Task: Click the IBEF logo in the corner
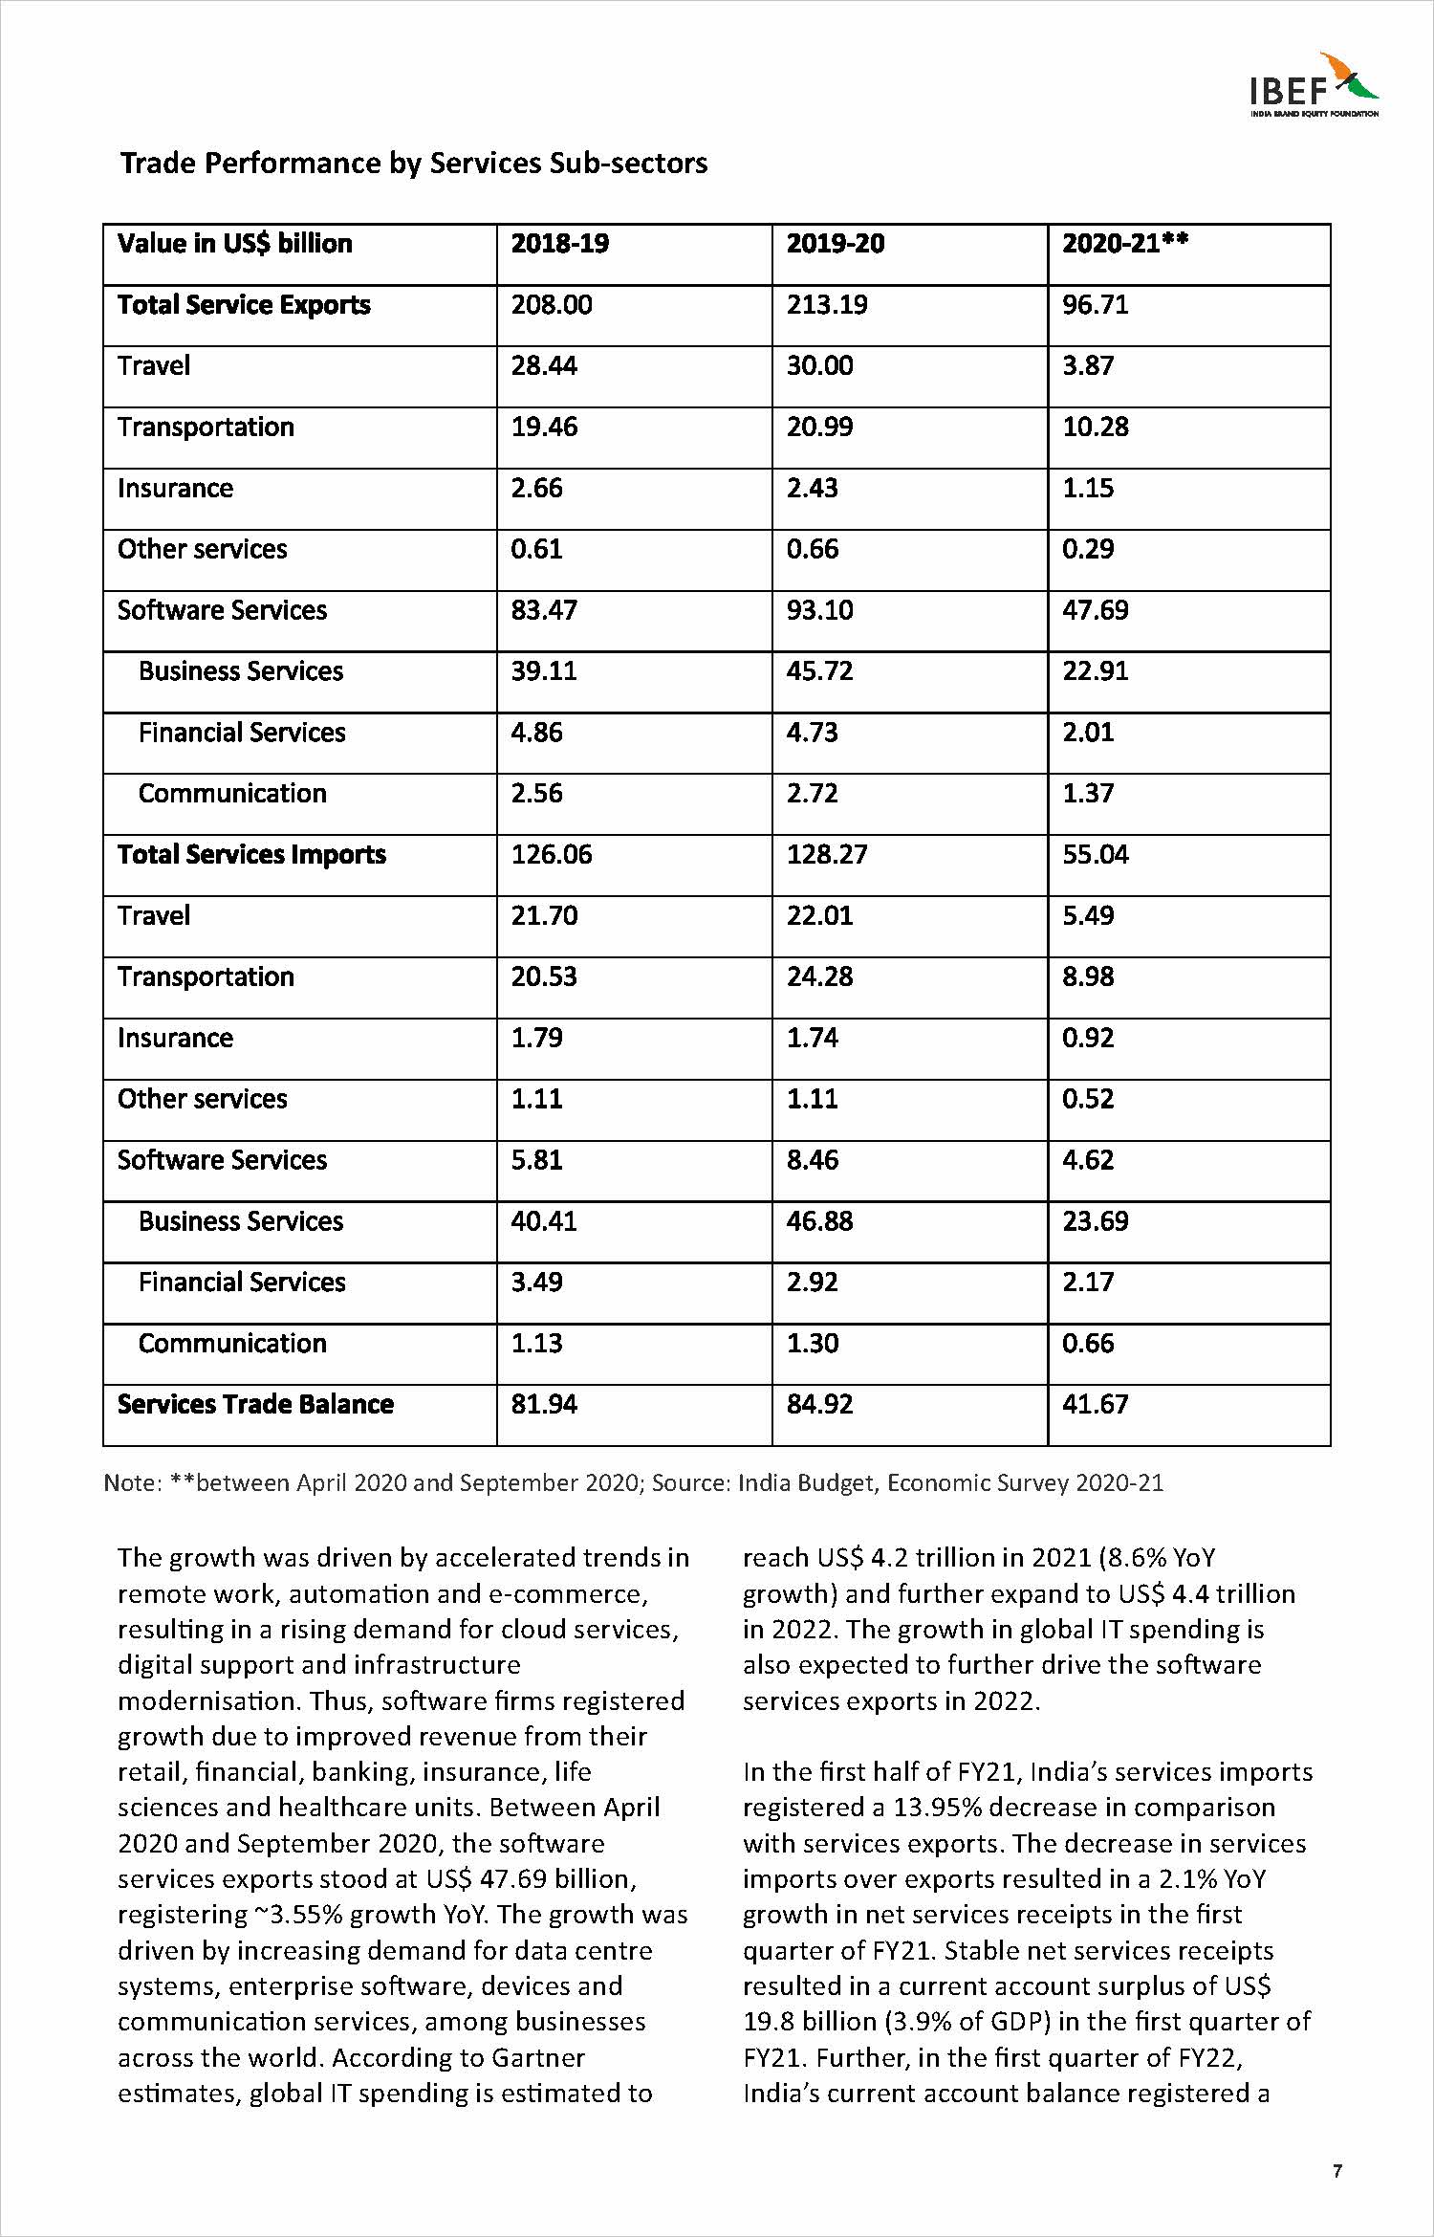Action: pyautogui.click(x=1314, y=85)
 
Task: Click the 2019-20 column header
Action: pyautogui.click(x=835, y=244)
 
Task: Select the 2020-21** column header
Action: pyautogui.click(x=1124, y=244)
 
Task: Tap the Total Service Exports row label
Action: pyautogui.click(x=244, y=305)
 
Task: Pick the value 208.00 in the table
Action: pyautogui.click(x=552, y=305)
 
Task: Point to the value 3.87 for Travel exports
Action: pyautogui.click(x=1088, y=366)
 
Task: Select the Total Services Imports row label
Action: pyautogui.click(x=251, y=855)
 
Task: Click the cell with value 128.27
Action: pyautogui.click(x=827, y=855)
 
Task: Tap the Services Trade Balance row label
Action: pyautogui.click(x=255, y=1404)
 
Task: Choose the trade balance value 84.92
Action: pyautogui.click(x=819, y=1404)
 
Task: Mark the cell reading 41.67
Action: pyautogui.click(x=1096, y=1404)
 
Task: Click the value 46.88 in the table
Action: pyautogui.click(x=819, y=1221)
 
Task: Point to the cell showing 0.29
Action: pyautogui.click(x=1088, y=549)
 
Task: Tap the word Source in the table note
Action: pyautogui.click(x=690, y=1483)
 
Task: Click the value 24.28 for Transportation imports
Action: pyautogui.click(x=819, y=976)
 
